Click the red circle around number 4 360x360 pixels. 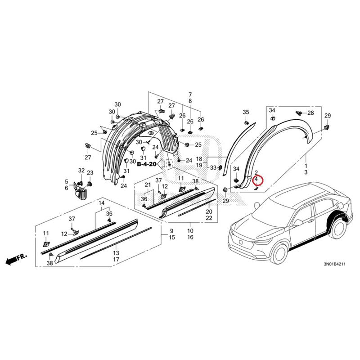257,180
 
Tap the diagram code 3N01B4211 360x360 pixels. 334,264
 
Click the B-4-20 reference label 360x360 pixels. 147,164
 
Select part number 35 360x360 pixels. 246,112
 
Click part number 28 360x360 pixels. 310,113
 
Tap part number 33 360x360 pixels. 213,167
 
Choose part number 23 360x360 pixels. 90,173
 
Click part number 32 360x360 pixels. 81,171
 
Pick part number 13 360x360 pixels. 116,253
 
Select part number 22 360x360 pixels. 209,218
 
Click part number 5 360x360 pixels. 67,182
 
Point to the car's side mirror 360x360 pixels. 298,222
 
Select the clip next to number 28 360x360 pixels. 298,113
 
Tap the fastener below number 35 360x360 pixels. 246,123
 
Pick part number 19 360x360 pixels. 199,165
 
